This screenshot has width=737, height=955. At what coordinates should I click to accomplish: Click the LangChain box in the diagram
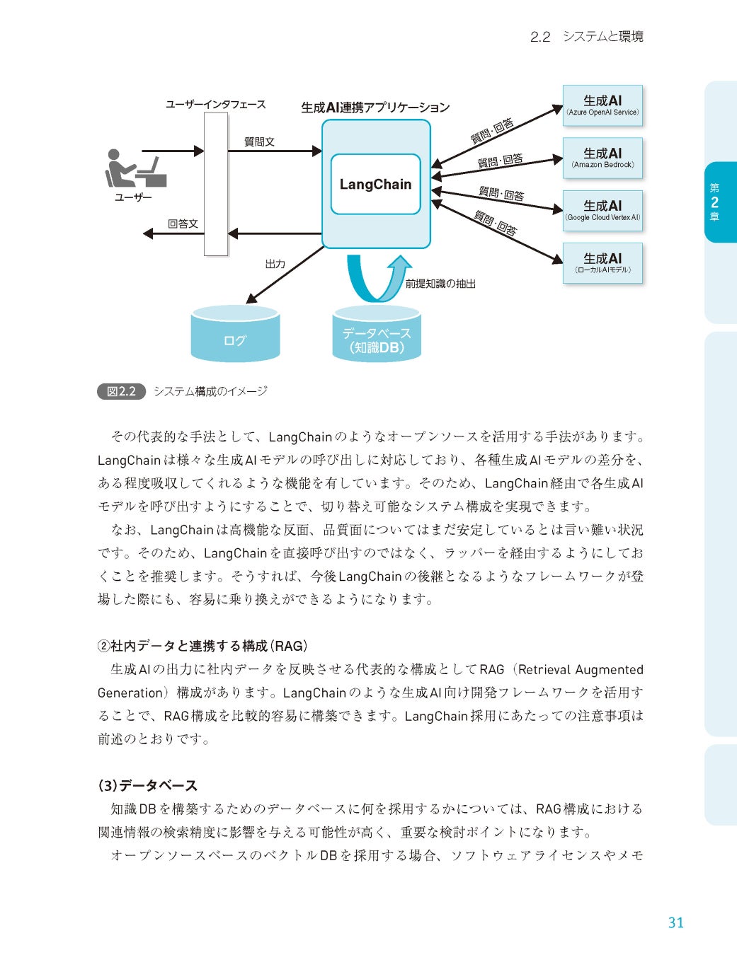pyautogui.click(x=375, y=184)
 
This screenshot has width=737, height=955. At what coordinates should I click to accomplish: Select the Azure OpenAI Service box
pyautogui.click(x=602, y=105)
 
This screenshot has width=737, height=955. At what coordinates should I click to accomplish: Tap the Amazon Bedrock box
pyautogui.click(x=602, y=158)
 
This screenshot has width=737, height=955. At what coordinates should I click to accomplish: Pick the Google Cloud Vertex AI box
pyautogui.click(x=602, y=210)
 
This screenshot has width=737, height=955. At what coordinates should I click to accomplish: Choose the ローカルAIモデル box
pyautogui.click(x=602, y=263)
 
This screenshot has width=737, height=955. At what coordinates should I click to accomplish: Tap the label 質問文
pyautogui.click(x=259, y=141)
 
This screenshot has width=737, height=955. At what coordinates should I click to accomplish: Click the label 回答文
pyautogui.click(x=183, y=224)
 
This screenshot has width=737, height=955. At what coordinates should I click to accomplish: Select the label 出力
pyautogui.click(x=275, y=264)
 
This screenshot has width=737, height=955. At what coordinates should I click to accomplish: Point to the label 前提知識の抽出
pyautogui.click(x=440, y=284)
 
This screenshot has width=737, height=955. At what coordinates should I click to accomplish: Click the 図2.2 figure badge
pyautogui.click(x=121, y=391)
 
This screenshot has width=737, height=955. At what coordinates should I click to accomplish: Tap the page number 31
pyautogui.click(x=675, y=922)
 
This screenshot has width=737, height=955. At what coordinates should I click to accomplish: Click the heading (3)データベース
pyautogui.click(x=147, y=785)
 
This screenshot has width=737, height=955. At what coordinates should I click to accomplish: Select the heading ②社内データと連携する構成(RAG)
pyautogui.click(x=202, y=646)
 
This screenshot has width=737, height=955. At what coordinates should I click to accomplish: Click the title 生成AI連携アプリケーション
pyautogui.click(x=375, y=108)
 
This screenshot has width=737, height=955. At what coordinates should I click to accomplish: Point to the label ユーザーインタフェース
pyautogui.click(x=215, y=105)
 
